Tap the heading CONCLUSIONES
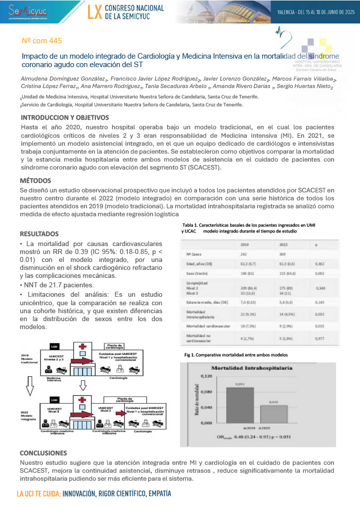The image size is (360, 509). click(x=43, y=453)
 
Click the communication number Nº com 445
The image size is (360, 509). click(x=43, y=40)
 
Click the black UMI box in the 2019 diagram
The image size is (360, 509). click(x=55, y=346)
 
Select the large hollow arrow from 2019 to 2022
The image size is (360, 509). click(x=30, y=383)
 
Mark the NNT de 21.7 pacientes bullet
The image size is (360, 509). click(x=57, y=285)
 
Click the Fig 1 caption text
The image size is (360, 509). click(x=236, y=355)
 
